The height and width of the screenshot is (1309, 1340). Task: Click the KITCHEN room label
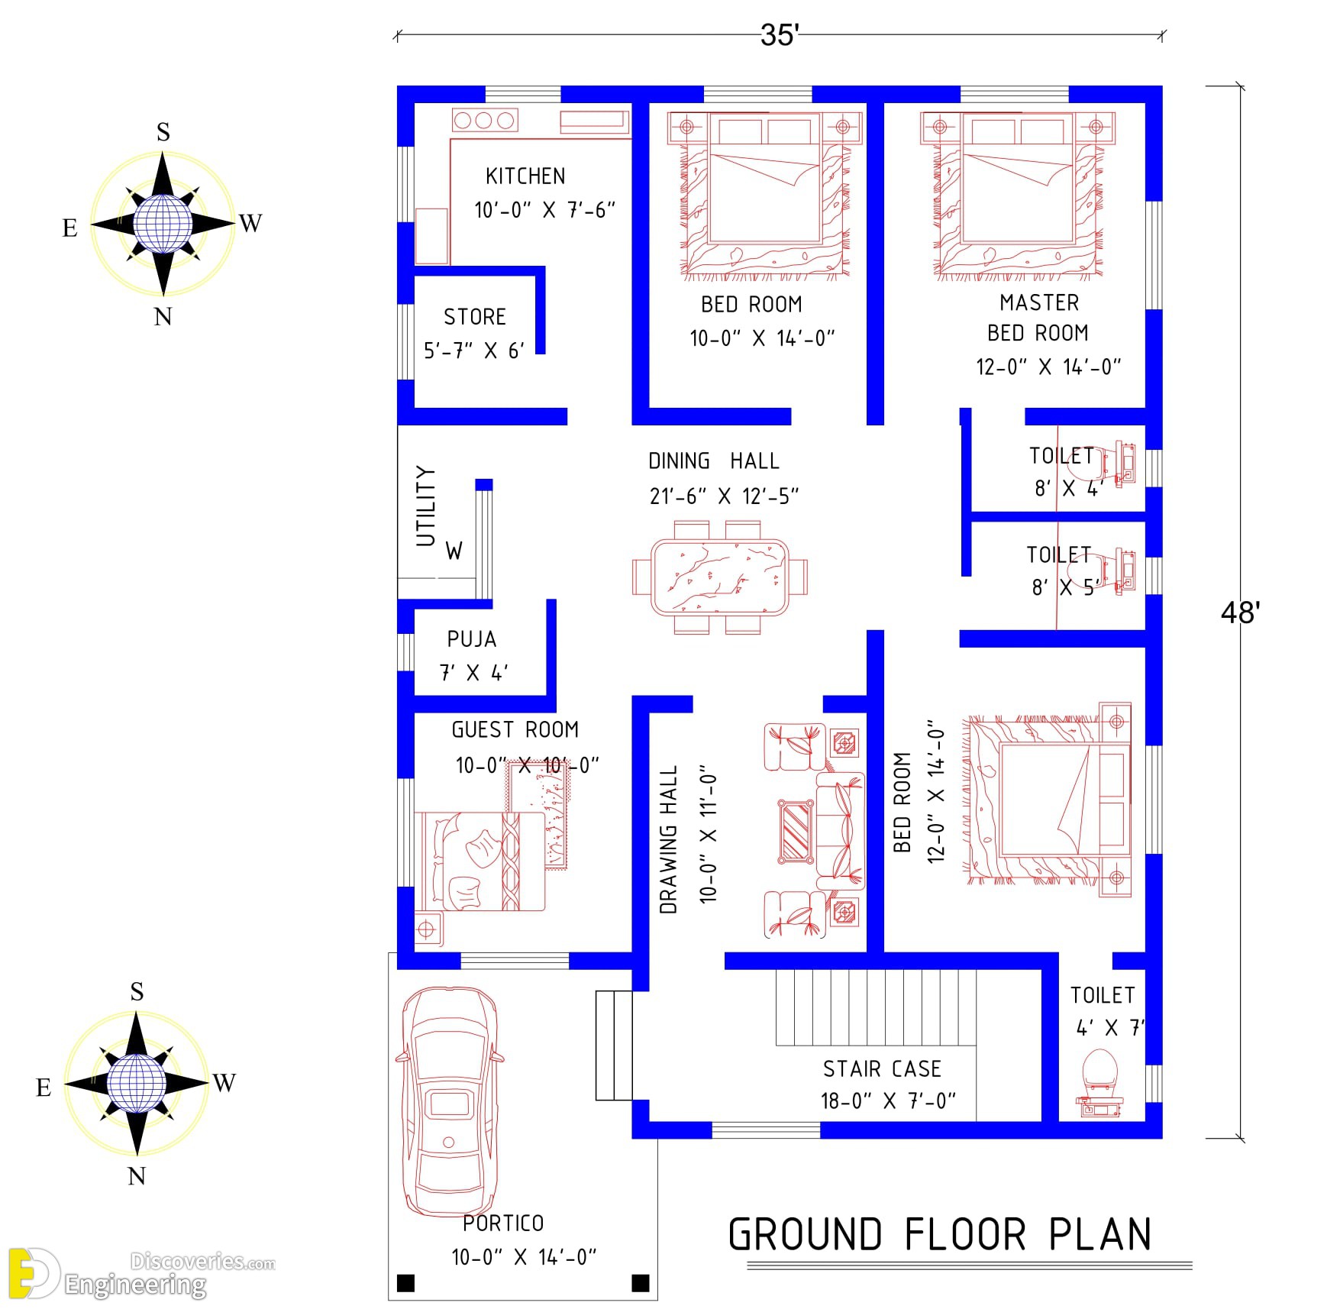[525, 176]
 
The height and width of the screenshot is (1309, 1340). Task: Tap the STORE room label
[475, 317]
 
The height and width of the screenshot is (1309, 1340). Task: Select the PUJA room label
[472, 639]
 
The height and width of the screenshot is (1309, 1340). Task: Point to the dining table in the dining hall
[719, 577]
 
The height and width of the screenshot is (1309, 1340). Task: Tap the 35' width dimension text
[780, 35]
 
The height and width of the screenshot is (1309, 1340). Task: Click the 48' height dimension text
[1240, 612]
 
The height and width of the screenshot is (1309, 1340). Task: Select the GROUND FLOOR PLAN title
[940, 1235]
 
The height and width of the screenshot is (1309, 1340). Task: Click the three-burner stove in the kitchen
[485, 120]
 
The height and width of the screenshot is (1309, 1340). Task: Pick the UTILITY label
[425, 506]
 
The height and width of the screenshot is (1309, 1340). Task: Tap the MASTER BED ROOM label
[1039, 318]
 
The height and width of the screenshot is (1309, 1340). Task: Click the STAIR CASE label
[882, 1068]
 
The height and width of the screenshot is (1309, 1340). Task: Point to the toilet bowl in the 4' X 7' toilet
[1100, 1070]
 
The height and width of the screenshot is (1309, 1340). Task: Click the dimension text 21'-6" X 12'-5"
[724, 496]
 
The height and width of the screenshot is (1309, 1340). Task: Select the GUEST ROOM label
[515, 730]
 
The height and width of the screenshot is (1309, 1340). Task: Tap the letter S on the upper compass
[163, 132]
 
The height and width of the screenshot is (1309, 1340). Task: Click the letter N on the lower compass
[137, 1176]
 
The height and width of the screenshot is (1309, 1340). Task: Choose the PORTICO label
[503, 1223]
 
